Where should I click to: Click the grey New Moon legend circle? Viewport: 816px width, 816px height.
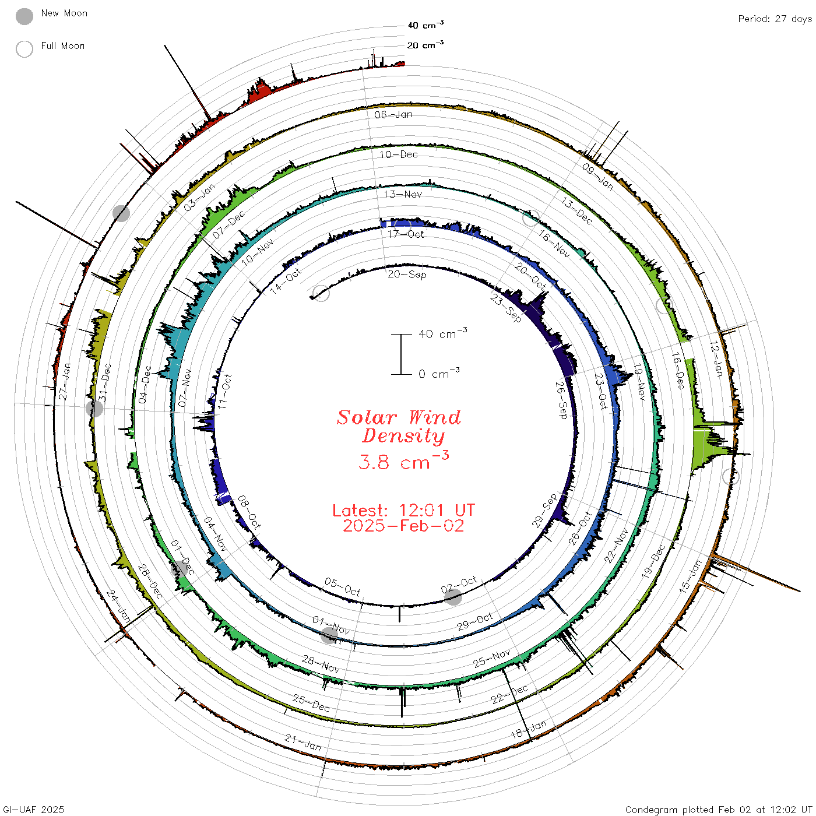coord(24,16)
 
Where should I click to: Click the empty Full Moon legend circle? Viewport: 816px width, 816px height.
coord(24,49)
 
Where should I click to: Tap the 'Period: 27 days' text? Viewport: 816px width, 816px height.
coord(775,19)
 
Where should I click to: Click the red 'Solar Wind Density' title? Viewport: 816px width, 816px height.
coord(399,427)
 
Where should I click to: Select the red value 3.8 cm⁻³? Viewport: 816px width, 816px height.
coord(403,461)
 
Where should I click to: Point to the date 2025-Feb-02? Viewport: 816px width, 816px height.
coord(403,526)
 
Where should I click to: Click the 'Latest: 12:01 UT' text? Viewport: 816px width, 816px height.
coord(403,510)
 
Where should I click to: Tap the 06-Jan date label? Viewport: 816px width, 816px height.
coord(393,114)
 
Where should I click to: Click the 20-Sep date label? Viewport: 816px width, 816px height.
coord(407,275)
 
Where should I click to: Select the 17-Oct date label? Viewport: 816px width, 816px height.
coord(406,234)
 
